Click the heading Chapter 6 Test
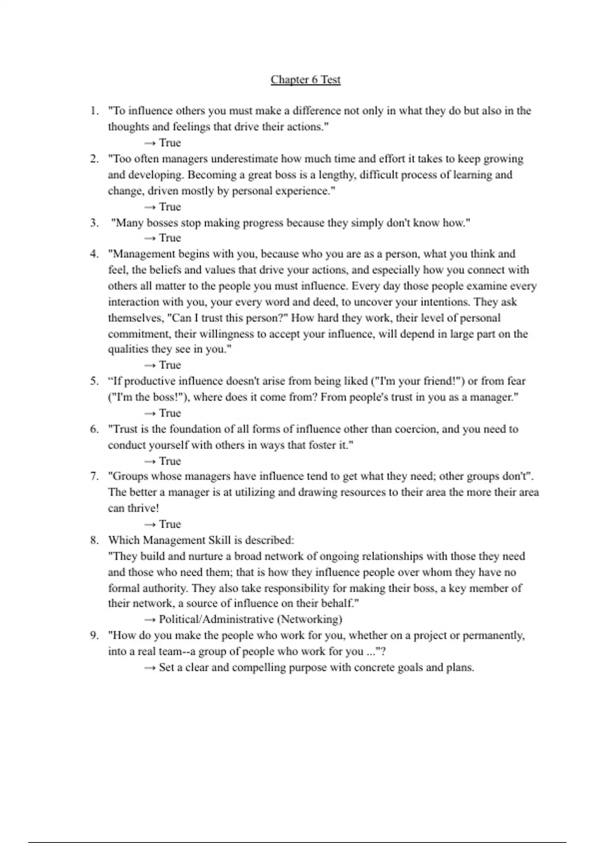point(305,80)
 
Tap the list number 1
point(94,111)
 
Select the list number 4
point(94,254)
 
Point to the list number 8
point(94,540)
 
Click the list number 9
point(94,635)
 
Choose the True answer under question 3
point(170,238)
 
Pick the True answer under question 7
point(170,524)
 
